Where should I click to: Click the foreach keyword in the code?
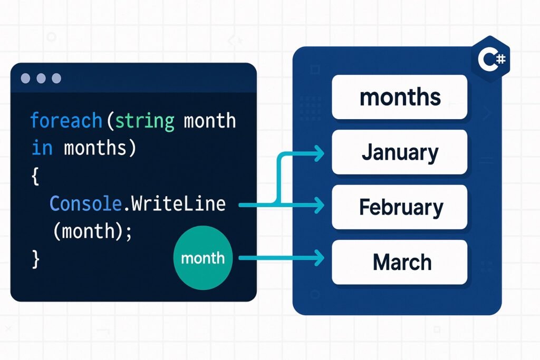(66, 121)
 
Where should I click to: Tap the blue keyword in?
(42, 148)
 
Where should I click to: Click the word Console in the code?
(86, 203)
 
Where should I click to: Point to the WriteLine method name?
(178, 203)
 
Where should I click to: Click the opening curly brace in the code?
(35, 176)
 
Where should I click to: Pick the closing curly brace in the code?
(35, 259)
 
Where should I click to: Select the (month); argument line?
(93, 231)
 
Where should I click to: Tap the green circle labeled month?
(203, 258)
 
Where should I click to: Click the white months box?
(400, 97)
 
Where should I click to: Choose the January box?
(400, 152)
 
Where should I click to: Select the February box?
(400, 207)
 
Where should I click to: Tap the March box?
(400, 262)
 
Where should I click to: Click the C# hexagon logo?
(491, 59)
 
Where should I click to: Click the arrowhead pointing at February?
(319, 206)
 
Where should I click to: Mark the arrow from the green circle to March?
(282, 258)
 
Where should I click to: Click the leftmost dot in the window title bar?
(25, 79)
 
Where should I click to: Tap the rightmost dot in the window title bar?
(56, 79)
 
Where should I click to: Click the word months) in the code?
(100, 148)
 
